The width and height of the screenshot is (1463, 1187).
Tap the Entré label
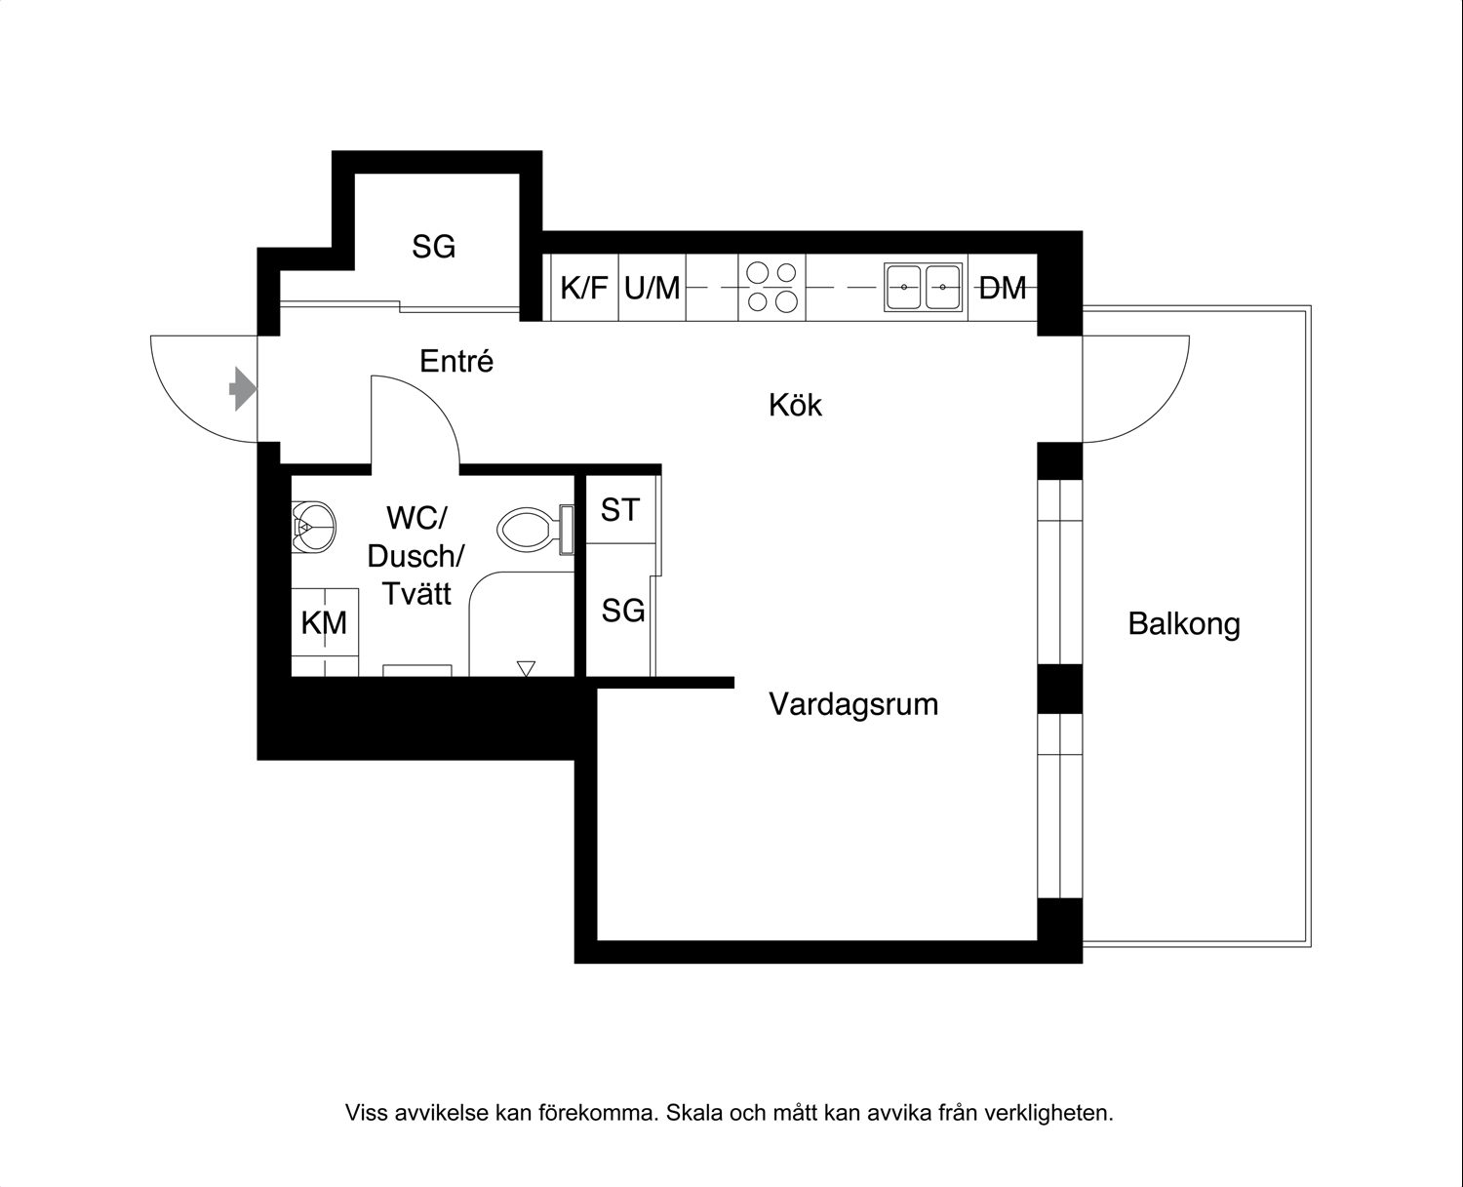pos(456,362)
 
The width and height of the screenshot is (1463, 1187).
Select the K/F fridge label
pos(584,288)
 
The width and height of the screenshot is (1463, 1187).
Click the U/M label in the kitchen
pos(652,288)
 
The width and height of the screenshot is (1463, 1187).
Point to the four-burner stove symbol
pos(771,288)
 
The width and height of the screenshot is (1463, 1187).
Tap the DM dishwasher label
pos(1003,288)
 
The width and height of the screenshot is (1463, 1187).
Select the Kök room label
pos(795,405)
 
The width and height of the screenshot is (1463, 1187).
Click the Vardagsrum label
pos(853,704)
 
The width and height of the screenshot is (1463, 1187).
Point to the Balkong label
pos(1184,624)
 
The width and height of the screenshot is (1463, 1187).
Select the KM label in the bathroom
pos(324,622)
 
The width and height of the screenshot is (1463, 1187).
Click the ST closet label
pos(620,509)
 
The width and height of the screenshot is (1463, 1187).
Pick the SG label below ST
pos(623,612)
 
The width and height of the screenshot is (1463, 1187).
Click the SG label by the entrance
pos(433,248)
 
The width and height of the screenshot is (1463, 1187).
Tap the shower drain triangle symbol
pos(527,668)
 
